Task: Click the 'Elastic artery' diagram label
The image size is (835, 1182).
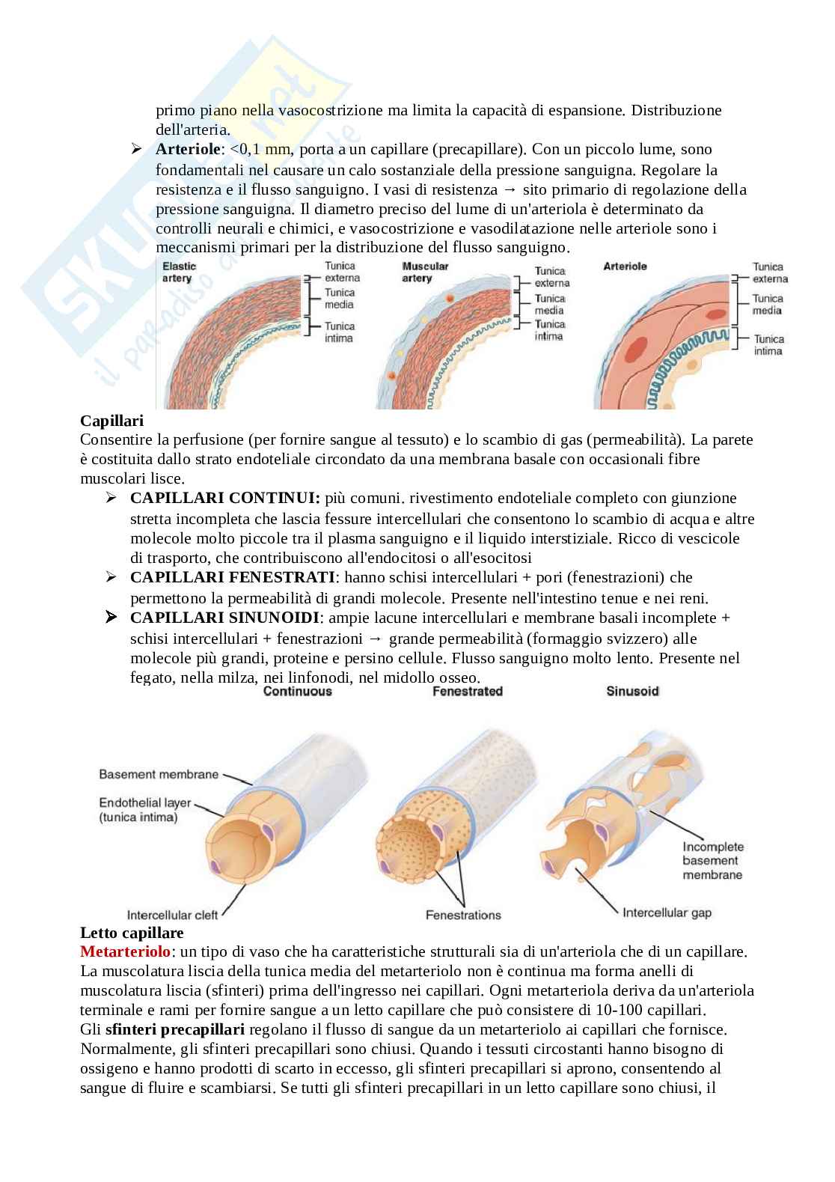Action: [x=177, y=272]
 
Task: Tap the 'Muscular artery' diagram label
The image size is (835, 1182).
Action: [x=425, y=272]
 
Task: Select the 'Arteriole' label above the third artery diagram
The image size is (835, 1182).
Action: [x=625, y=266]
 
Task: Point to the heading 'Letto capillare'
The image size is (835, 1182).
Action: [x=132, y=933]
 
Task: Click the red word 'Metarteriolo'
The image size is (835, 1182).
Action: [x=125, y=952]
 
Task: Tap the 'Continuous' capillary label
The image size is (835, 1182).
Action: [x=297, y=691]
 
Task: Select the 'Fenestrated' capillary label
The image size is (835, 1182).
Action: [x=467, y=691]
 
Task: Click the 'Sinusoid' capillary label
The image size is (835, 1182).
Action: [x=632, y=691]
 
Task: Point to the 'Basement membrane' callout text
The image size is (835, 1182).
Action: [x=159, y=774]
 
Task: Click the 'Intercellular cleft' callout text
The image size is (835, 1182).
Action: [x=172, y=915]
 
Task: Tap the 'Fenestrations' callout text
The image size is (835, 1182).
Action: [x=463, y=915]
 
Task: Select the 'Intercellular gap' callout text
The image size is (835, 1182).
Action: [x=667, y=913]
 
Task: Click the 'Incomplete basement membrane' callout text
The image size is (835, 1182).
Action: [x=712, y=860]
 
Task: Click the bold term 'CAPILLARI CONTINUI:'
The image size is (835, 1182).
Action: [x=225, y=499]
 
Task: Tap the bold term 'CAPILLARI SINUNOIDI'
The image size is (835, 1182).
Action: [x=225, y=618]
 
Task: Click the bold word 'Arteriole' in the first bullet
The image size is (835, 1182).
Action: [x=188, y=149]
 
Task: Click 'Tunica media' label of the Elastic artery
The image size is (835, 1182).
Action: [x=339, y=298]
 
